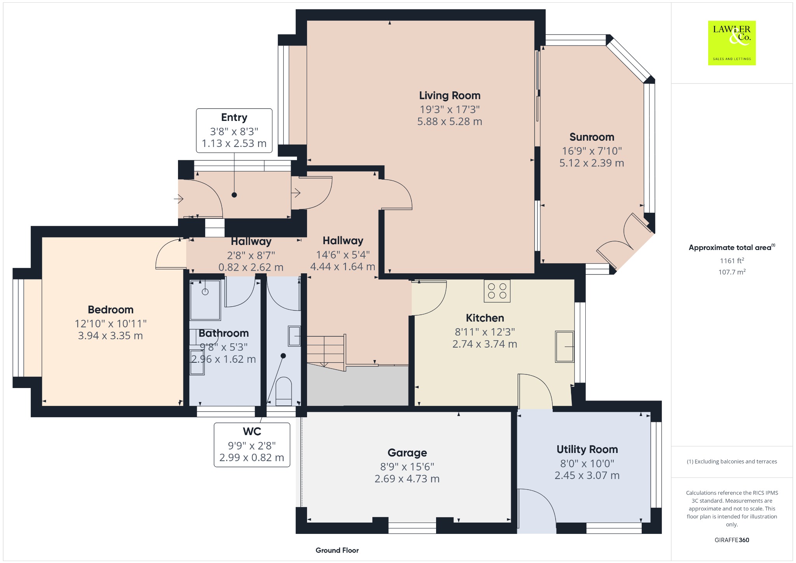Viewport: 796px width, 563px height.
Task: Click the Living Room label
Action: tap(450, 96)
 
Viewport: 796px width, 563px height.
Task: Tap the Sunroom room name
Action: tap(592, 137)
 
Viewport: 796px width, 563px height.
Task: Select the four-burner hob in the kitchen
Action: tap(497, 291)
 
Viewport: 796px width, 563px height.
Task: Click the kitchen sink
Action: tap(564, 346)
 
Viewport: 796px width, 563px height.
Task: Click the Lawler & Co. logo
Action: tap(732, 43)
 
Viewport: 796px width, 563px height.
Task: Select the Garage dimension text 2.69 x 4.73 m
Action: tap(407, 479)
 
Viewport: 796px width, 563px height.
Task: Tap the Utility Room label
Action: tap(587, 449)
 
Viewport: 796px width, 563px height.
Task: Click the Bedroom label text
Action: tap(111, 310)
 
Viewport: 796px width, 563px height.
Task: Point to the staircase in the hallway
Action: tap(326, 352)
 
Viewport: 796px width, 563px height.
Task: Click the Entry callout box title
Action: tap(234, 117)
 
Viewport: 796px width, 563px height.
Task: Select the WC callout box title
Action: tap(252, 432)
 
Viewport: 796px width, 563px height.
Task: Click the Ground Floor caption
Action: tap(337, 550)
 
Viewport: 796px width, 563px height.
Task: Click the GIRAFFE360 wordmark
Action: tap(732, 540)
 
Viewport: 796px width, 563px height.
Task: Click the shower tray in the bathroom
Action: tap(205, 299)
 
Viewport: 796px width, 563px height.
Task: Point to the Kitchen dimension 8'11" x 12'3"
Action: tap(485, 332)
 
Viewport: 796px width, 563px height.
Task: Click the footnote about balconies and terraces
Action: tap(732, 462)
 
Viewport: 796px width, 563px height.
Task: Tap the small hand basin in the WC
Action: tap(294, 336)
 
